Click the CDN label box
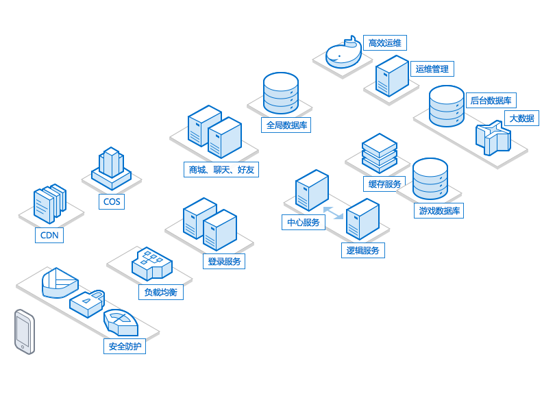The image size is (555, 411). tap(49, 235)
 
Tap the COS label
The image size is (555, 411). tap(112, 201)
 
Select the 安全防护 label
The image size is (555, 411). tap(125, 346)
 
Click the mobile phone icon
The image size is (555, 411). tap(25, 332)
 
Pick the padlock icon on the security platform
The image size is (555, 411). tap(87, 303)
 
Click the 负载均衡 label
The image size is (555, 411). tap(161, 292)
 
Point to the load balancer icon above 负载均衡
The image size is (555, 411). tap(152, 264)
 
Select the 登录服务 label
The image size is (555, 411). tap(224, 261)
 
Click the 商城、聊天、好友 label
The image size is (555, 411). tap(221, 170)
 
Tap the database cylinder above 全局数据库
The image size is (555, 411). tap(281, 93)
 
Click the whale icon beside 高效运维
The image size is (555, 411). tap(344, 52)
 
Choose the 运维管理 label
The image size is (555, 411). tap(432, 68)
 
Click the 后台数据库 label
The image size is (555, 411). tap(491, 100)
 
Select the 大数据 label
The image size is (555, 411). tap(521, 118)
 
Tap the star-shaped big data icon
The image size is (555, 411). tap(493, 138)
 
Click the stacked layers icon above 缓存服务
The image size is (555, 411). tap(380, 153)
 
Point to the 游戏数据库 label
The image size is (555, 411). tap(439, 210)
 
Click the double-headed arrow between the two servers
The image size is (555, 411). tap(333, 213)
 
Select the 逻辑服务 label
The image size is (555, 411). tap(362, 250)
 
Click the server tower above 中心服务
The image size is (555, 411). tap(312, 190)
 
